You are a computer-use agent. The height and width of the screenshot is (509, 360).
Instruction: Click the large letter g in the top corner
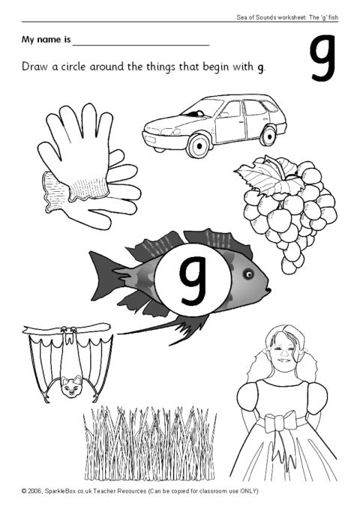click(322, 58)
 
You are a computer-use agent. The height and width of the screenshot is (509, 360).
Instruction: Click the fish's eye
click(248, 274)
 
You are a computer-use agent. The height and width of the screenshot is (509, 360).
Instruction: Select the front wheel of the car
click(198, 145)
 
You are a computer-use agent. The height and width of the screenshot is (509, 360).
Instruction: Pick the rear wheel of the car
click(268, 136)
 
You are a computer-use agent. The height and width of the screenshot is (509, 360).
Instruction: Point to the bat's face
click(71, 385)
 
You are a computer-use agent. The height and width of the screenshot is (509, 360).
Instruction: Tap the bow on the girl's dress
click(276, 424)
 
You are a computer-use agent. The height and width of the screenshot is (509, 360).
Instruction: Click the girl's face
click(281, 349)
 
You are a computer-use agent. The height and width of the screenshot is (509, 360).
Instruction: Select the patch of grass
click(149, 443)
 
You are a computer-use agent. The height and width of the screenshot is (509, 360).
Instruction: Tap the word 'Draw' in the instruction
click(34, 67)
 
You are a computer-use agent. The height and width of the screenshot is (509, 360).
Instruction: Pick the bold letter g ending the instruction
click(260, 68)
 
